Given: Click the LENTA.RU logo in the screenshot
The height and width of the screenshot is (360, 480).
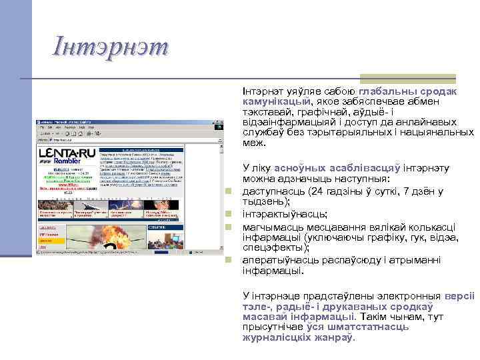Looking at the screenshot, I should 67,154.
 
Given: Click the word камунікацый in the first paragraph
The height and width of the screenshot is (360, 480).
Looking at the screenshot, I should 276,101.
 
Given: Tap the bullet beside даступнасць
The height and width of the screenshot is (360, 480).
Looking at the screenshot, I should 228,192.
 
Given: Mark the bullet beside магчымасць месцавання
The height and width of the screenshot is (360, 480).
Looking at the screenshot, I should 228,227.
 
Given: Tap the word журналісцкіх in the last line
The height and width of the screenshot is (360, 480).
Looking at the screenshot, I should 273,338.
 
